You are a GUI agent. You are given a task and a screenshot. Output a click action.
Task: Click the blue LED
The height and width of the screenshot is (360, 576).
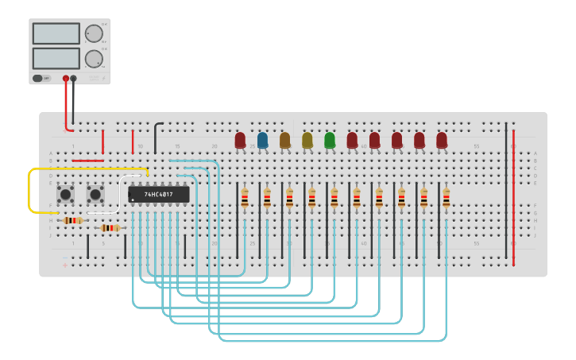(x=262, y=140)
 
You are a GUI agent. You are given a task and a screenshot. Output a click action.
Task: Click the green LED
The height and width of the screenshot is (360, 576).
(x=330, y=140)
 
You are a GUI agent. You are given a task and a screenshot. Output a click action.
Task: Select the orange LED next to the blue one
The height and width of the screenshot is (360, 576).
(x=284, y=140)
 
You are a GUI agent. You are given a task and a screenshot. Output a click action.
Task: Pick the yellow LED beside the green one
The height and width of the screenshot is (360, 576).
(x=307, y=140)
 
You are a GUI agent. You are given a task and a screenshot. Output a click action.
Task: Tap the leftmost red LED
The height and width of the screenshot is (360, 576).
(x=240, y=140)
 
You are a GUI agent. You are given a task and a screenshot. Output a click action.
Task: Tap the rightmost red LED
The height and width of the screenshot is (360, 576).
(x=442, y=140)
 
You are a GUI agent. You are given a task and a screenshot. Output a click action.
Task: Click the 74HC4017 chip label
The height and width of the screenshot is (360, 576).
(x=159, y=194)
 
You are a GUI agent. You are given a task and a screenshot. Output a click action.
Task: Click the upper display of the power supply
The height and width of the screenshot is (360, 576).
(x=56, y=33)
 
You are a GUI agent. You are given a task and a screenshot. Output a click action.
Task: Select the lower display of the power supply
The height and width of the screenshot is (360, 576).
(x=56, y=58)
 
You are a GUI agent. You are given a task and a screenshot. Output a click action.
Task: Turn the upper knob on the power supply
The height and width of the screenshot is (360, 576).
(x=94, y=33)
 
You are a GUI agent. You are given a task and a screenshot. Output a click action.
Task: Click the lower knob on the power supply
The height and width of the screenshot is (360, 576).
(x=94, y=59)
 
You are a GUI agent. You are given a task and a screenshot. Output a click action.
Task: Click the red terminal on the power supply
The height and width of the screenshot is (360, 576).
(x=66, y=78)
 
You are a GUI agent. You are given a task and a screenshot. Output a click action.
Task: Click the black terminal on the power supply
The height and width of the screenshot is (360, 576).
(x=74, y=78)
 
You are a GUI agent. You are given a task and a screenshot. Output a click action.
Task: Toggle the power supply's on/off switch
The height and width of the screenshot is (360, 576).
(x=41, y=78)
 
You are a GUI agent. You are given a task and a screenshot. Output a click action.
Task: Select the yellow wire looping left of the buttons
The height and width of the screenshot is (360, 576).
(x=30, y=191)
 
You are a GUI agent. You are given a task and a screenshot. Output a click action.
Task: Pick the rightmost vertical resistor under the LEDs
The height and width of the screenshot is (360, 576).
(x=446, y=197)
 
